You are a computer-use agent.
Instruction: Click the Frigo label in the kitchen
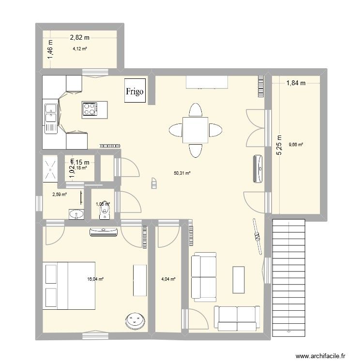tap(135, 91)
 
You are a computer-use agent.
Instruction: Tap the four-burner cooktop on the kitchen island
tap(90, 109)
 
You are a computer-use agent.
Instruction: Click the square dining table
tap(196, 130)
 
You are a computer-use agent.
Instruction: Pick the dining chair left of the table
tap(175, 130)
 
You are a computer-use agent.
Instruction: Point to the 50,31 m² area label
tap(182, 172)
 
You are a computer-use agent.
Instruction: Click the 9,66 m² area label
tap(295, 144)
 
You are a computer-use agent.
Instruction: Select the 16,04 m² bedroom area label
tap(95, 279)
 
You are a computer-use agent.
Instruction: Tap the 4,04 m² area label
tap(168, 279)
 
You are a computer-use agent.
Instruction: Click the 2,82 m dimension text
tap(80, 37)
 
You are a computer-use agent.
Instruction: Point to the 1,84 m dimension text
tap(296, 83)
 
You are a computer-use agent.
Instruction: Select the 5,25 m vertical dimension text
tap(279, 145)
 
